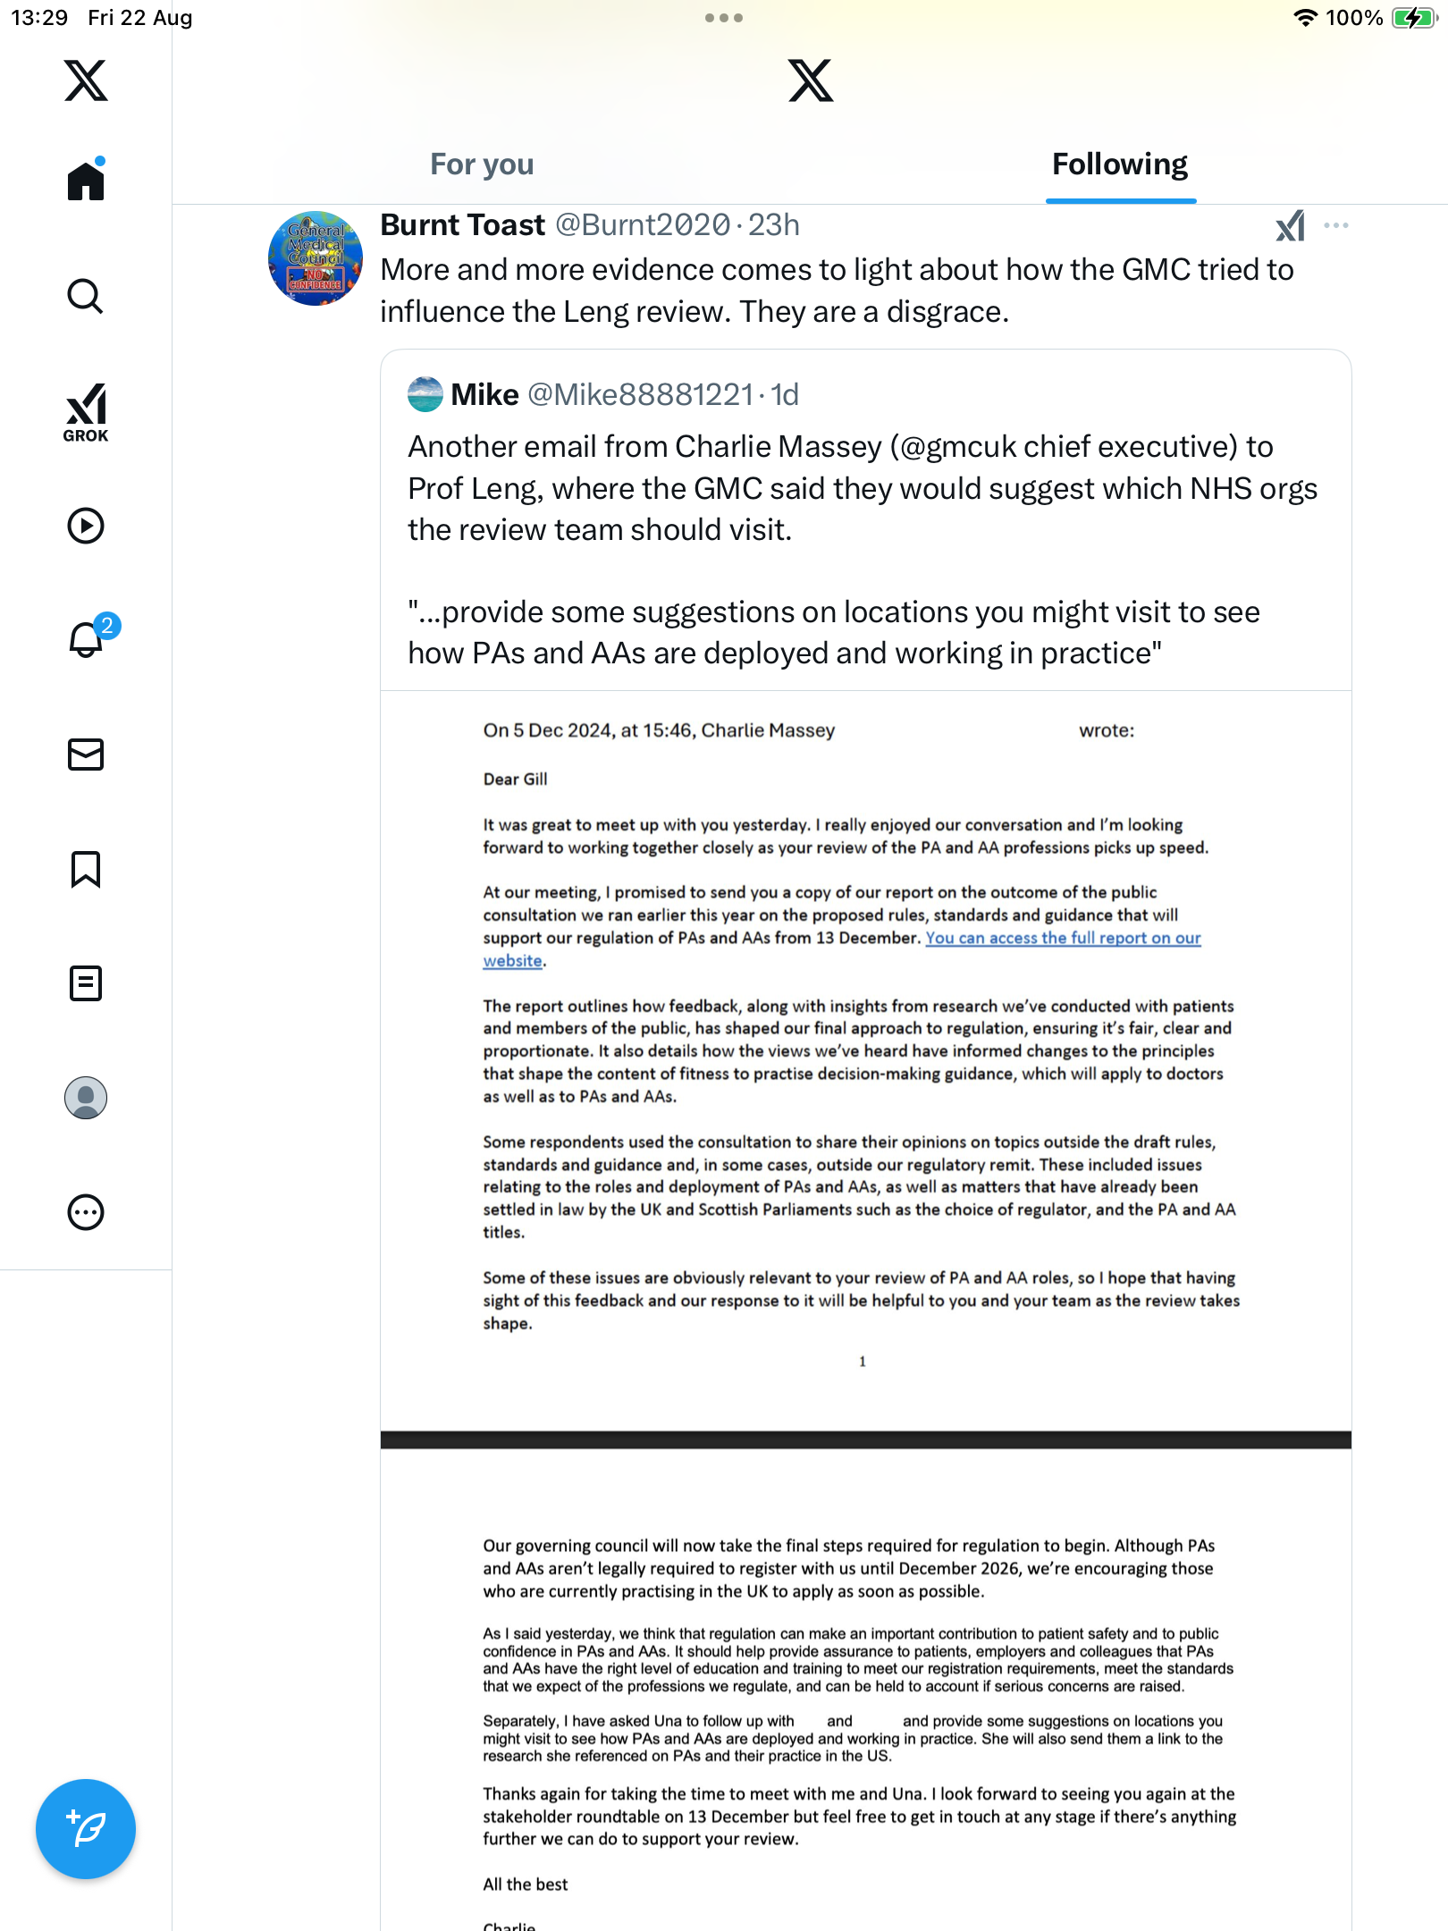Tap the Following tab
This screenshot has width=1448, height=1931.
(1120, 165)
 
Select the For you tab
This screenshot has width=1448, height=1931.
(482, 165)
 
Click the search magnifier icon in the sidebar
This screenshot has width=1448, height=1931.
(86, 296)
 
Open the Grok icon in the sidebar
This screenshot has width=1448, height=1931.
(86, 412)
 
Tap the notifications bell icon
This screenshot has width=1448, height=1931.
(87, 639)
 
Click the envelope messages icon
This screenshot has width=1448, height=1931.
(86, 755)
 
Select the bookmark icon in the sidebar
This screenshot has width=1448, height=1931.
(86, 869)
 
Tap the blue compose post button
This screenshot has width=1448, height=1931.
(86, 1829)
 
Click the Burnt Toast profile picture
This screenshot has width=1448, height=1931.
(316, 258)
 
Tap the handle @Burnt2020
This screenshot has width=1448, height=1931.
(643, 225)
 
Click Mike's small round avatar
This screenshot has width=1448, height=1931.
(425, 394)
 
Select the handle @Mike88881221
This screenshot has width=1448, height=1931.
(640, 394)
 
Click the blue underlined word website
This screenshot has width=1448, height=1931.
(513, 961)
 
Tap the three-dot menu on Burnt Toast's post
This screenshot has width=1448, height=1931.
(1336, 225)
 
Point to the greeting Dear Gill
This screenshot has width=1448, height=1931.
(516, 780)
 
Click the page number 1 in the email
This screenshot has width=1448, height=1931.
(863, 1362)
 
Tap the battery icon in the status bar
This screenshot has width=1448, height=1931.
(1414, 18)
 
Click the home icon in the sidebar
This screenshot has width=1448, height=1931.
(86, 181)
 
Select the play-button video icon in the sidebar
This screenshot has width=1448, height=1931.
(86, 526)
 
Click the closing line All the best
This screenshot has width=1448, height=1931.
(526, 1885)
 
